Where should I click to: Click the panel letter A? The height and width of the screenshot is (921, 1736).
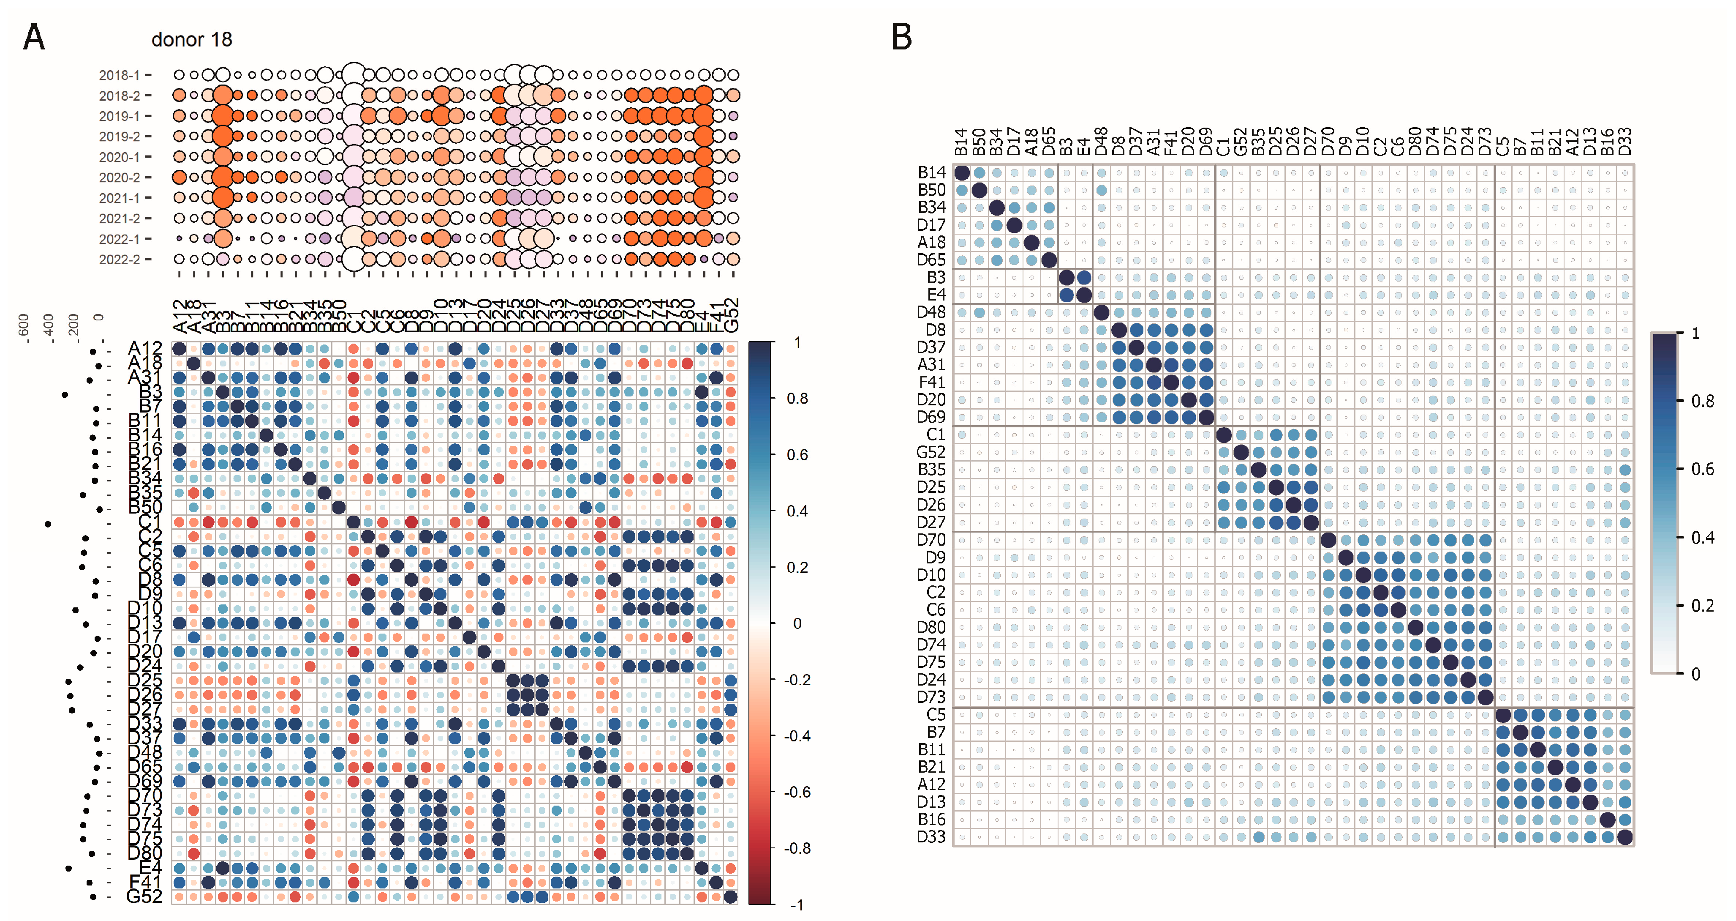(x=34, y=37)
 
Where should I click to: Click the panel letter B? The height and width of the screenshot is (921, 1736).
(x=902, y=37)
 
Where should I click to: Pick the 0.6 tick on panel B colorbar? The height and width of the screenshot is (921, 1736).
(x=1702, y=469)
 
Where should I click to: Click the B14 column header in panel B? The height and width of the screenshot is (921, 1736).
(x=962, y=142)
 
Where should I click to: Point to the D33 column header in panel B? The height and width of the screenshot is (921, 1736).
(x=1625, y=142)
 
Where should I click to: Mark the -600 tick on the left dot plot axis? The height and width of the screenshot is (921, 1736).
(x=24, y=328)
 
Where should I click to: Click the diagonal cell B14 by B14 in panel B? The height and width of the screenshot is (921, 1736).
(x=962, y=172)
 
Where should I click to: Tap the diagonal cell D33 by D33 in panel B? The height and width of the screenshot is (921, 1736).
(x=1625, y=837)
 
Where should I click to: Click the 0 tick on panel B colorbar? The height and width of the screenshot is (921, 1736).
(x=1695, y=674)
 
